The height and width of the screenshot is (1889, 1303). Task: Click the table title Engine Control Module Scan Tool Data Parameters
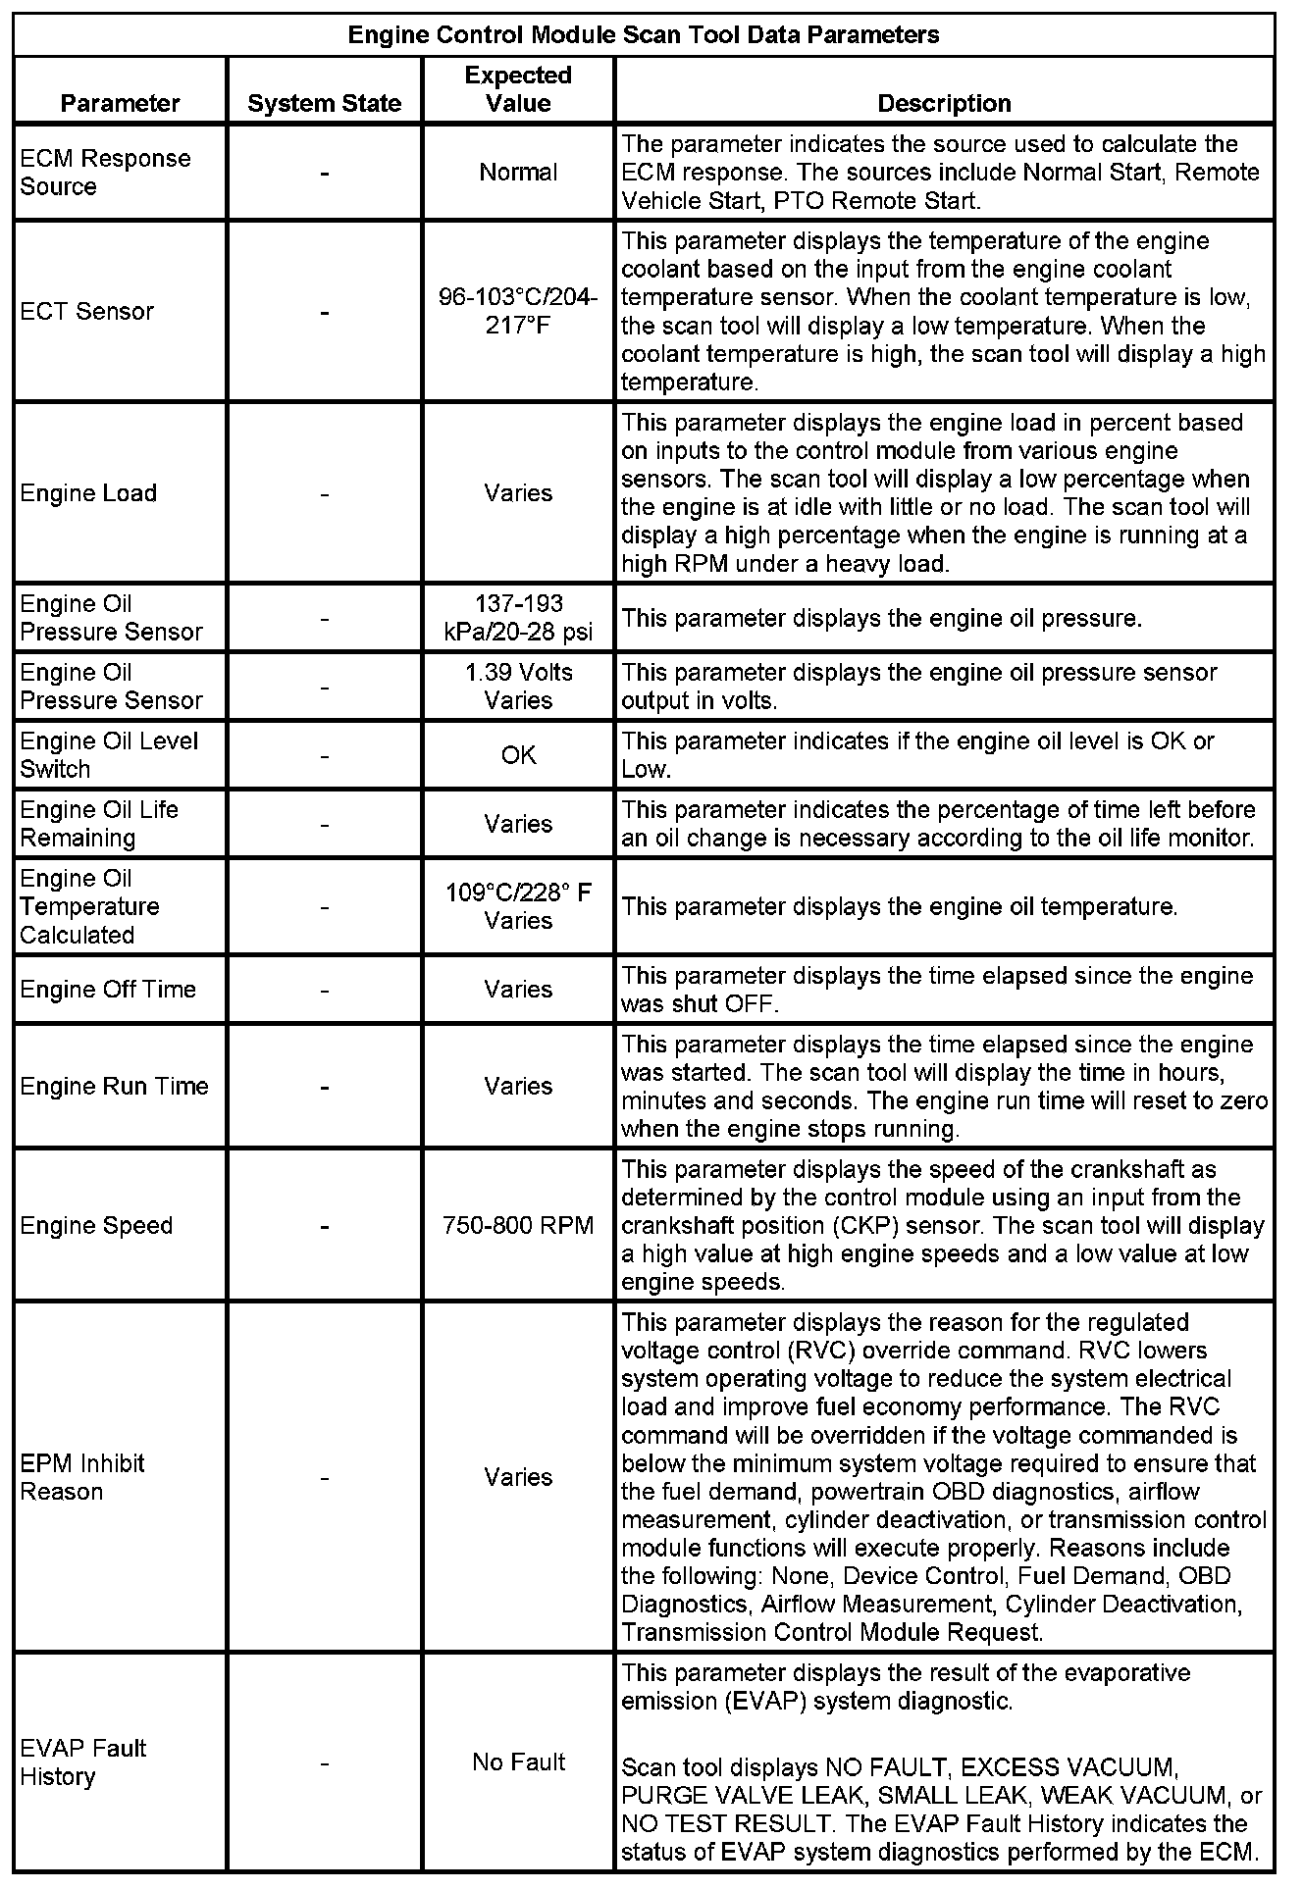pyautogui.click(x=644, y=36)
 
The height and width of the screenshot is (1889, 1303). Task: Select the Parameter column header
pyautogui.click(x=120, y=103)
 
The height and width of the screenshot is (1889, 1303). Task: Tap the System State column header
pyautogui.click(x=325, y=103)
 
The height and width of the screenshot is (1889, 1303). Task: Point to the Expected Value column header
pyautogui.click(x=518, y=89)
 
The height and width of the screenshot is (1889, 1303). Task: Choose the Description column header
pyautogui.click(x=944, y=103)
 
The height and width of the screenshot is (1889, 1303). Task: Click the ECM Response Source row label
pyautogui.click(x=105, y=172)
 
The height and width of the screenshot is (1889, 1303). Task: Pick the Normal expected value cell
pyautogui.click(x=518, y=172)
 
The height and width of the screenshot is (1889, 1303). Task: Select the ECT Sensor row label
pyautogui.click(x=87, y=311)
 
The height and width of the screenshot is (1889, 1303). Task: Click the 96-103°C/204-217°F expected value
pyautogui.click(x=518, y=311)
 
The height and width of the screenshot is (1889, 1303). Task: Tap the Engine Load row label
pyautogui.click(x=88, y=492)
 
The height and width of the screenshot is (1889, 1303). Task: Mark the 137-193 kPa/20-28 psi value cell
pyautogui.click(x=518, y=618)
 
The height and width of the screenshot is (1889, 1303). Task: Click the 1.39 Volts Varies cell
pyautogui.click(x=518, y=687)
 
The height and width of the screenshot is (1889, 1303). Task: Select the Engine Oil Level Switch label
pyautogui.click(x=109, y=755)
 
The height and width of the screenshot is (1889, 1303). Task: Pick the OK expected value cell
pyautogui.click(x=518, y=755)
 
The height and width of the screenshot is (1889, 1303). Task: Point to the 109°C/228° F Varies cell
pyautogui.click(x=518, y=906)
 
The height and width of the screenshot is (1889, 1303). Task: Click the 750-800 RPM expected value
pyautogui.click(x=518, y=1225)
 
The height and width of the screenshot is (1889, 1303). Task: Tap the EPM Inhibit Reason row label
pyautogui.click(x=82, y=1477)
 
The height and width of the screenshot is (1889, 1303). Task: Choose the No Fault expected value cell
pyautogui.click(x=518, y=1761)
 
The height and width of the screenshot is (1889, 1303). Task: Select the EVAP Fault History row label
pyautogui.click(x=83, y=1761)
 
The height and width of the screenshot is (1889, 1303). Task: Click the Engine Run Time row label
pyautogui.click(x=114, y=1086)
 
